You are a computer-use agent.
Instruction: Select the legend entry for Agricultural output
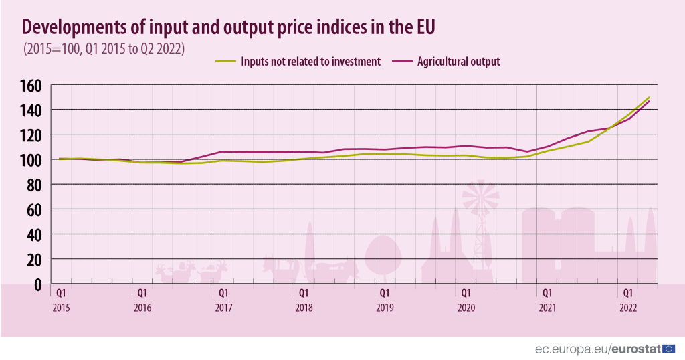coord(458,62)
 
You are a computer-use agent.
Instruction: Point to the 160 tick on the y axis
coord(32,86)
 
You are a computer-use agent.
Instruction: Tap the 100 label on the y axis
coord(32,160)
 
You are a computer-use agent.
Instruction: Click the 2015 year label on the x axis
coord(62,308)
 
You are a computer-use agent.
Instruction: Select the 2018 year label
coord(304,308)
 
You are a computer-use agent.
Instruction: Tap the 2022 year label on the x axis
coord(628,308)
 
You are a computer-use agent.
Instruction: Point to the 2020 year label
coord(466,308)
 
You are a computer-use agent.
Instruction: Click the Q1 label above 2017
coord(223,293)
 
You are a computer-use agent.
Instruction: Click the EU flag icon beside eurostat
coord(669,349)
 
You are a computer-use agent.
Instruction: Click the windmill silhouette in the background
coord(480,197)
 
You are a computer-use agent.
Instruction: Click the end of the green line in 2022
coord(649,98)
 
